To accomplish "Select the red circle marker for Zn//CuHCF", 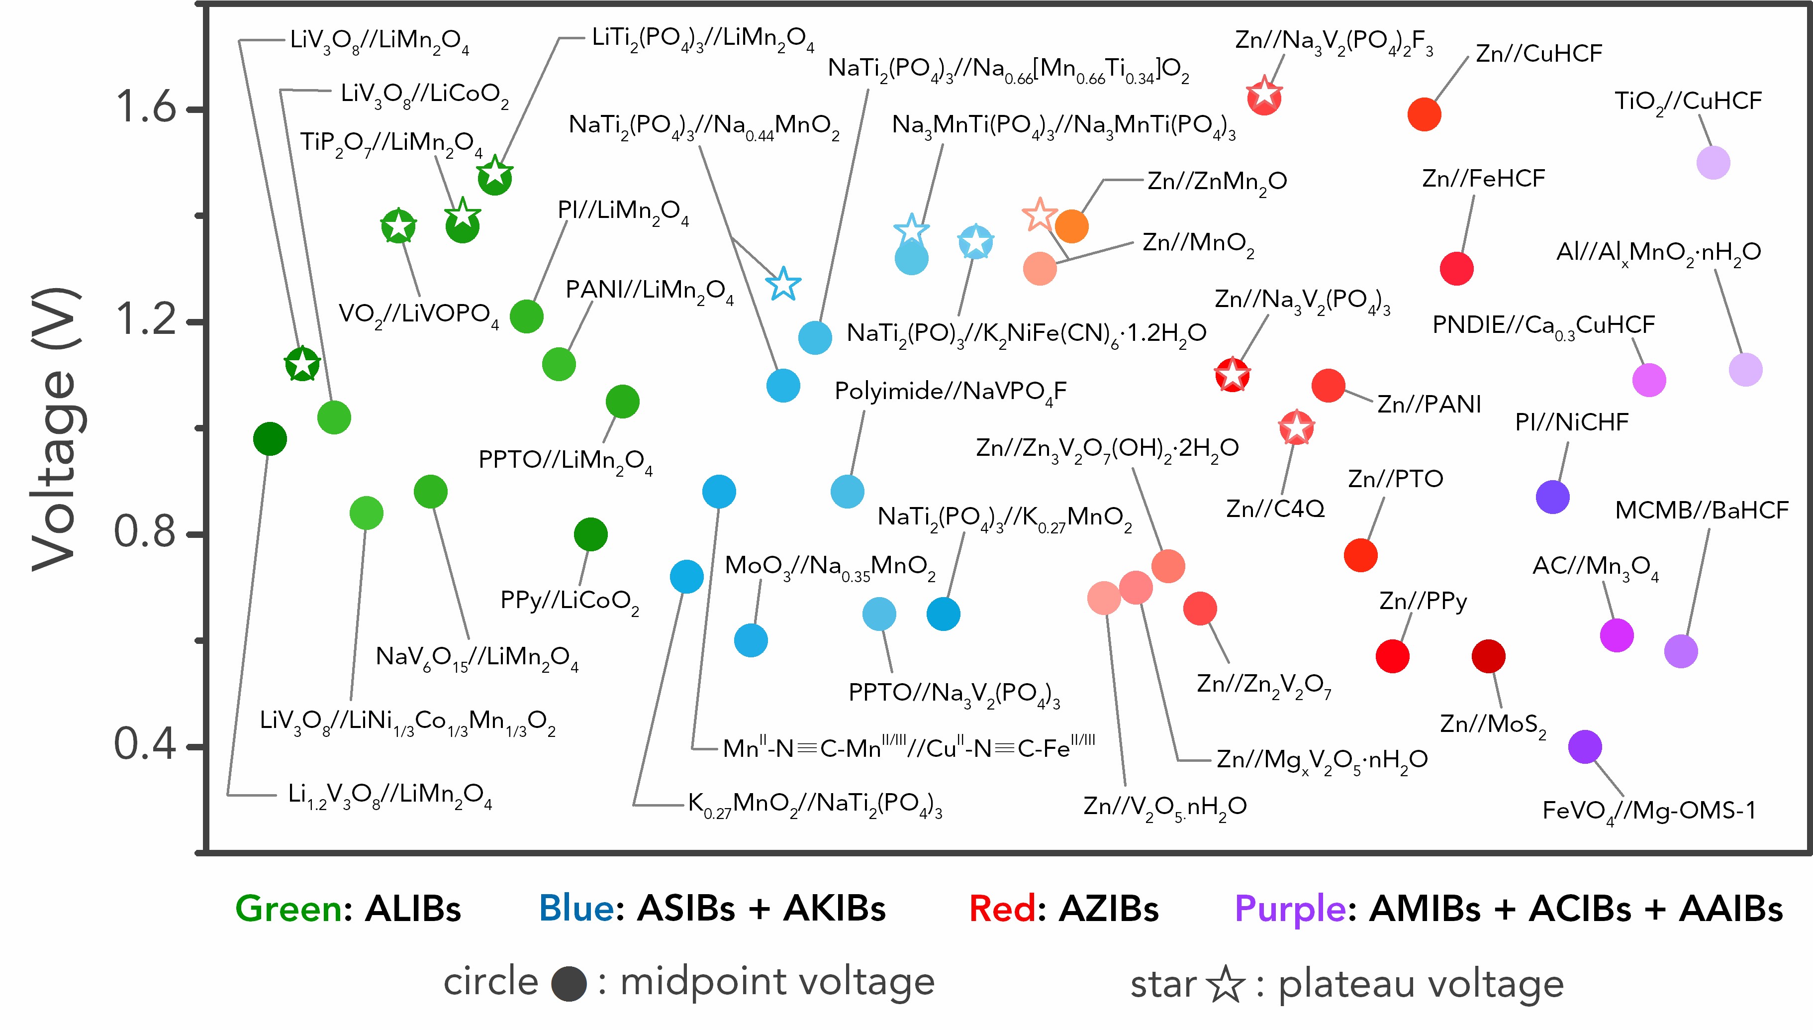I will tap(1424, 114).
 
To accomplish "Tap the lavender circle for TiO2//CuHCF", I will tap(1713, 163).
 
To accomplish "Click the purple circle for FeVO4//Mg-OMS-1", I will tap(1585, 747).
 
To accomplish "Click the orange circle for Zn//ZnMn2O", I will tap(1071, 226).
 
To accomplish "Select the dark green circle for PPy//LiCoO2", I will tap(590, 534).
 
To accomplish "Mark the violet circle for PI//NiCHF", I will tap(1553, 497).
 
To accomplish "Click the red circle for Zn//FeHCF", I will tap(1456, 269).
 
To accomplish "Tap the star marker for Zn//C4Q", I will tap(1296, 428).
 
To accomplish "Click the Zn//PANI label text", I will tap(1429, 405).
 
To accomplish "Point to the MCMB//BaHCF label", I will tap(1701, 511).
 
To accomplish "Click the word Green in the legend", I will tap(288, 909).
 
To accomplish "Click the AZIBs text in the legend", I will tap(1108, 909).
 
